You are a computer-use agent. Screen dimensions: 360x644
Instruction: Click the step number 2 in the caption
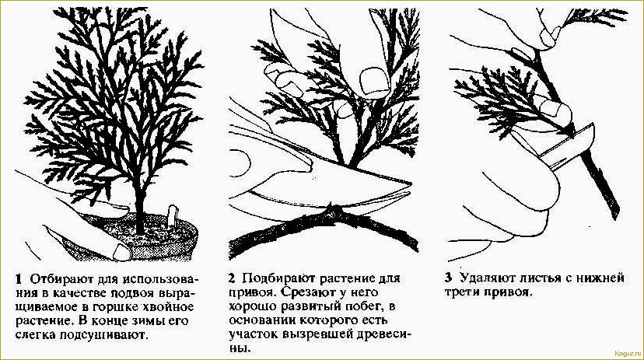[232, 278]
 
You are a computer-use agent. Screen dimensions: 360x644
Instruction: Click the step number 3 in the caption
[448, 278]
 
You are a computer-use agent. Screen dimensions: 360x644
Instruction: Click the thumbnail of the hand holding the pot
[121, 250]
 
